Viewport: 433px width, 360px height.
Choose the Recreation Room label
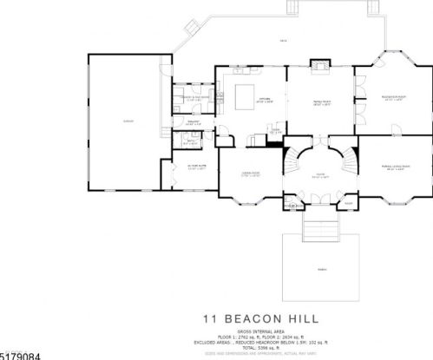pos(394,97)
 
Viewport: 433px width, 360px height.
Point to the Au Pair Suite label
pos(194,168)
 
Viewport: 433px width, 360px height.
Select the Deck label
pos(283,41)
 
